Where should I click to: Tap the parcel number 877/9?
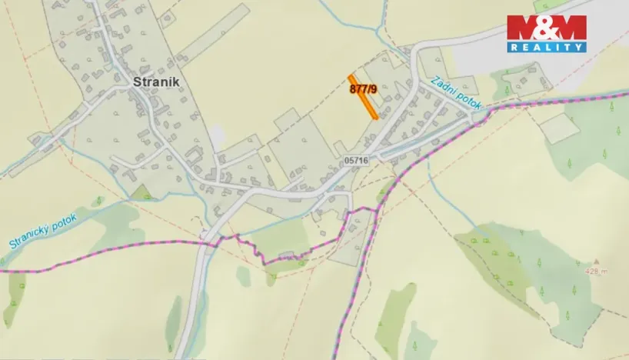tap(363, 88)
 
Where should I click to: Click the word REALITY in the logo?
tap(546, 47)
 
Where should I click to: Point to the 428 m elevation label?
tap(595, 271)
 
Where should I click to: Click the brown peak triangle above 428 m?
tap(595, 262)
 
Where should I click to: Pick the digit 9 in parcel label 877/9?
tap(374, 88)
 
